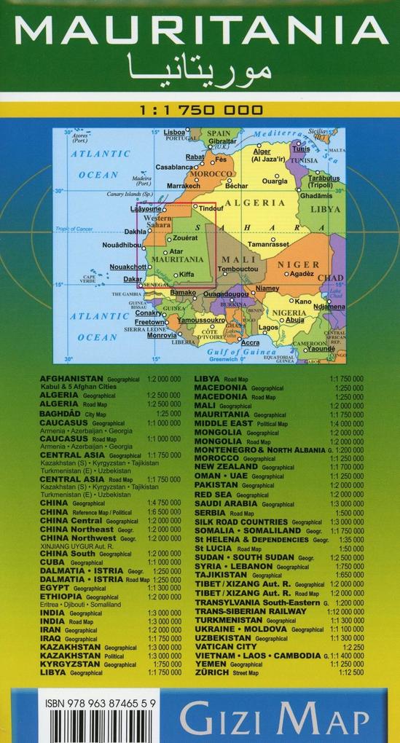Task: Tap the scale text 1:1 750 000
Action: [200, 111]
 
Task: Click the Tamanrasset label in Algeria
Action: [269, 244]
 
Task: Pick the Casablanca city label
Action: [173, 167]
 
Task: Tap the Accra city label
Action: [250, 342]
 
